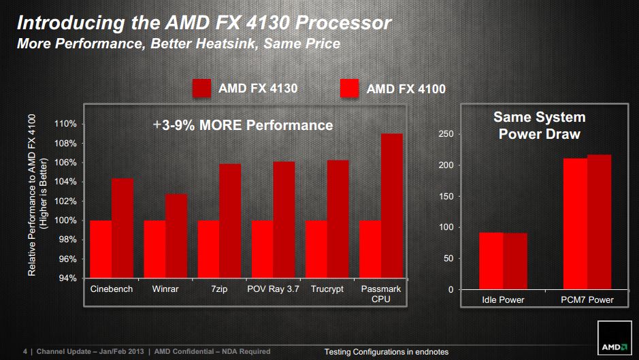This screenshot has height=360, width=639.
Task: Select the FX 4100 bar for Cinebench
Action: [x=101, y=249]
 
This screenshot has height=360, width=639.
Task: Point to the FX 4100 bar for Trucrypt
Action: [x=316, y=249]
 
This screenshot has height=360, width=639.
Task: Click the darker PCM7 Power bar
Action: [x=600, y=222]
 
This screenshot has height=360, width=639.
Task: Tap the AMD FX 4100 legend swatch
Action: [x=349, y=88]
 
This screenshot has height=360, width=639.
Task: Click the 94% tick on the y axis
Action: [x=67, y=278]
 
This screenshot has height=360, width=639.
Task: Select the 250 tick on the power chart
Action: [x=444, y=134]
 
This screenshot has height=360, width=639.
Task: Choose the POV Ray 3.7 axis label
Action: [x=273, y=289]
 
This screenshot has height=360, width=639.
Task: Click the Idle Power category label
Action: [x=503, y=299]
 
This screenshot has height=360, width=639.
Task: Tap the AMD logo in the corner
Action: [x=615, y=346]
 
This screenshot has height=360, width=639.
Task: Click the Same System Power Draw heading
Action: [x=539, y=126]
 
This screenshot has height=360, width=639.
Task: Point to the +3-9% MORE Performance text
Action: [x=243, y=125]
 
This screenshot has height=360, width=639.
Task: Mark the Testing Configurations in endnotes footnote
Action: [x=386, y=352]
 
